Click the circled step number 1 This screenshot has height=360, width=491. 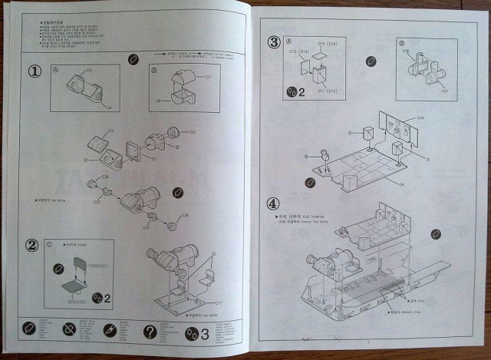(35, 71)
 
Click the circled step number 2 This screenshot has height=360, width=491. (32, 246)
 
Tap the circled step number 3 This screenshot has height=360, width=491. (274, 41)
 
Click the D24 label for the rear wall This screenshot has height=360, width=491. (420, 117)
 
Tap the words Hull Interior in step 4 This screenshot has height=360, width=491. (305, 219)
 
